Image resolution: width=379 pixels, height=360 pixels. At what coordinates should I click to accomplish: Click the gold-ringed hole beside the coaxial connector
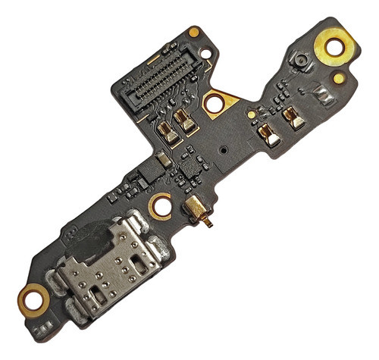point(161,205)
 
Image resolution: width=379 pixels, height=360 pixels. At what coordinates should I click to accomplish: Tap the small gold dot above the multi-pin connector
point(194,32)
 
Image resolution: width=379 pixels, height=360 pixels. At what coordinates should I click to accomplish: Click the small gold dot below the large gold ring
point(338,78)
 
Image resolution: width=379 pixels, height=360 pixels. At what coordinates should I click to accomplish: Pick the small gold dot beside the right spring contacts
point(251,114)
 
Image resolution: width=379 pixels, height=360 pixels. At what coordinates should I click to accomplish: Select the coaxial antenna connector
point(197,209)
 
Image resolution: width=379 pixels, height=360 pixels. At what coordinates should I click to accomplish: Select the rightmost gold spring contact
point(293,117)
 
